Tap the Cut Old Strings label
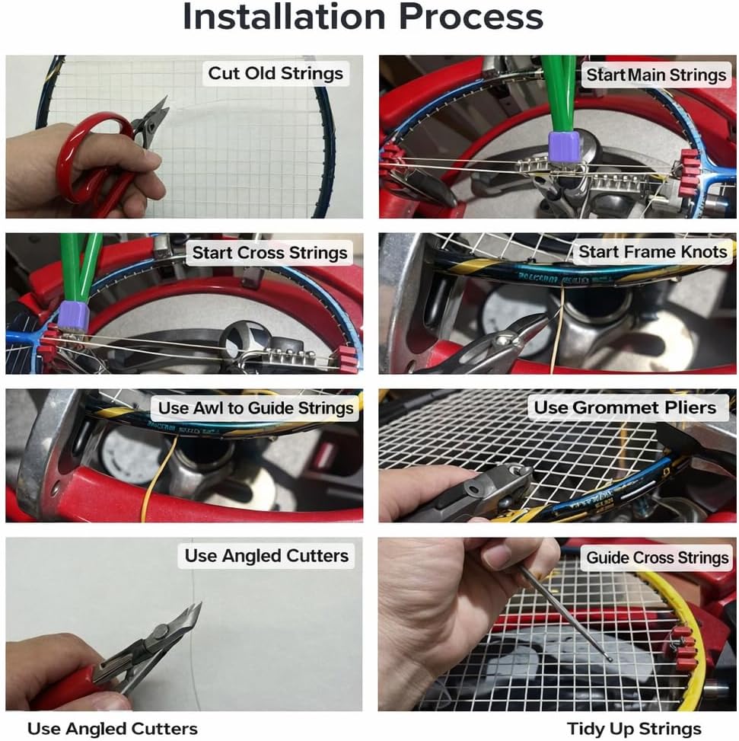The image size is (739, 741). [276, 74]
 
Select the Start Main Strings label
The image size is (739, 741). [655, 75]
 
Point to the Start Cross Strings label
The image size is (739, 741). [269, 252]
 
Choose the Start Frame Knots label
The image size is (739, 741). [652, 251]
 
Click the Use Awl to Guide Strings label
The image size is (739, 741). [256, 407]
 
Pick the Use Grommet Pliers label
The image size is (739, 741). [624, 407]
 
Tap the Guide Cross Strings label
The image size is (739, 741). [657, 557]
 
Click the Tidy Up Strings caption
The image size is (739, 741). [633, 728]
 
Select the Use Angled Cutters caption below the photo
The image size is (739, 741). [112, 728]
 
